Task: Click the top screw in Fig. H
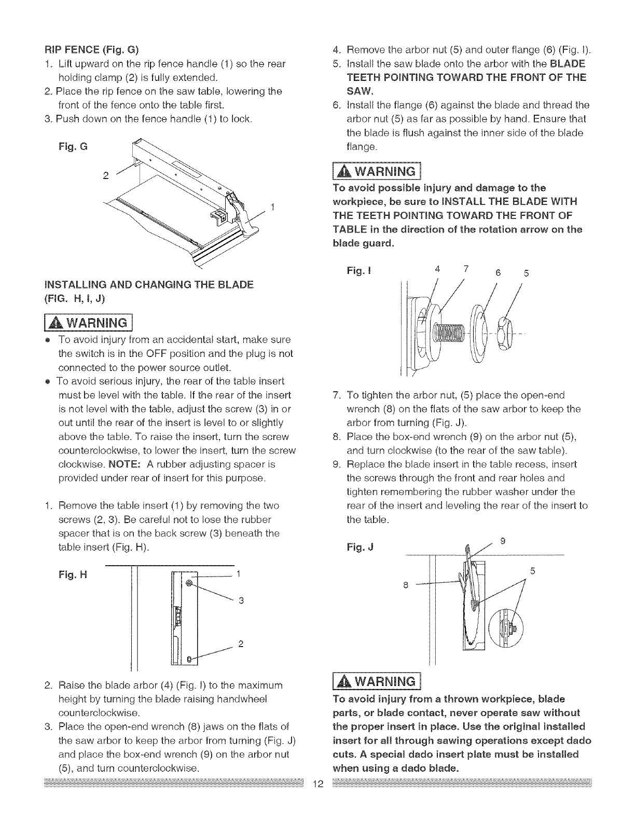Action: click(x=189, y=583)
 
